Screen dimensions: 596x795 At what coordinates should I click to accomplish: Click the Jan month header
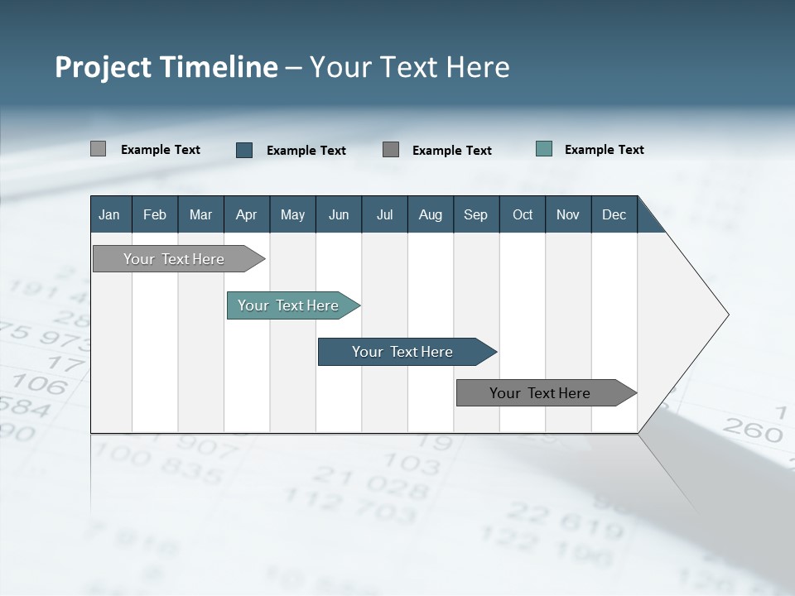[x=109, y=214]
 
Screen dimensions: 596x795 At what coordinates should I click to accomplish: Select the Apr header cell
[x=246, y=214]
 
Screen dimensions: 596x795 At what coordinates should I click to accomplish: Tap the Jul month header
[x=384, y=214]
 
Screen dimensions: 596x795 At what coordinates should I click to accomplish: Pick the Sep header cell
[x=475, y=214]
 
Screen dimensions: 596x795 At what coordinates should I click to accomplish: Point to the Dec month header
[x=614, y=214]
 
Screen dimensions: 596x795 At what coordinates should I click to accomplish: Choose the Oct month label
[x=523, y=214]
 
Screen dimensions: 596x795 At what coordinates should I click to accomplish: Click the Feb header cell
[x=155, y=214]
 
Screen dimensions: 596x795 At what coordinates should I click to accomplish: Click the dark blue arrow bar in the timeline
[x=403, y=352]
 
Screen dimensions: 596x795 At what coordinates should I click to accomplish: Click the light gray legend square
[x=98, y=149]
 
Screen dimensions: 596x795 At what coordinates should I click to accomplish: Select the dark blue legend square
[x=244, y=150]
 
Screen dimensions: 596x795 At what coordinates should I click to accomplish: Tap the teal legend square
[x=544, y=149]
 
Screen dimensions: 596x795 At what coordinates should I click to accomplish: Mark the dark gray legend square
[x=391, y=149]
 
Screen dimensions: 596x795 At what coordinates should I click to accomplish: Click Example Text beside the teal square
[x=604, y=150]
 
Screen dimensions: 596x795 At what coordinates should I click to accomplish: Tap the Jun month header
[x=339, y=214]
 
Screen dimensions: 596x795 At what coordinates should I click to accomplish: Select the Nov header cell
[x=568, y=214]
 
